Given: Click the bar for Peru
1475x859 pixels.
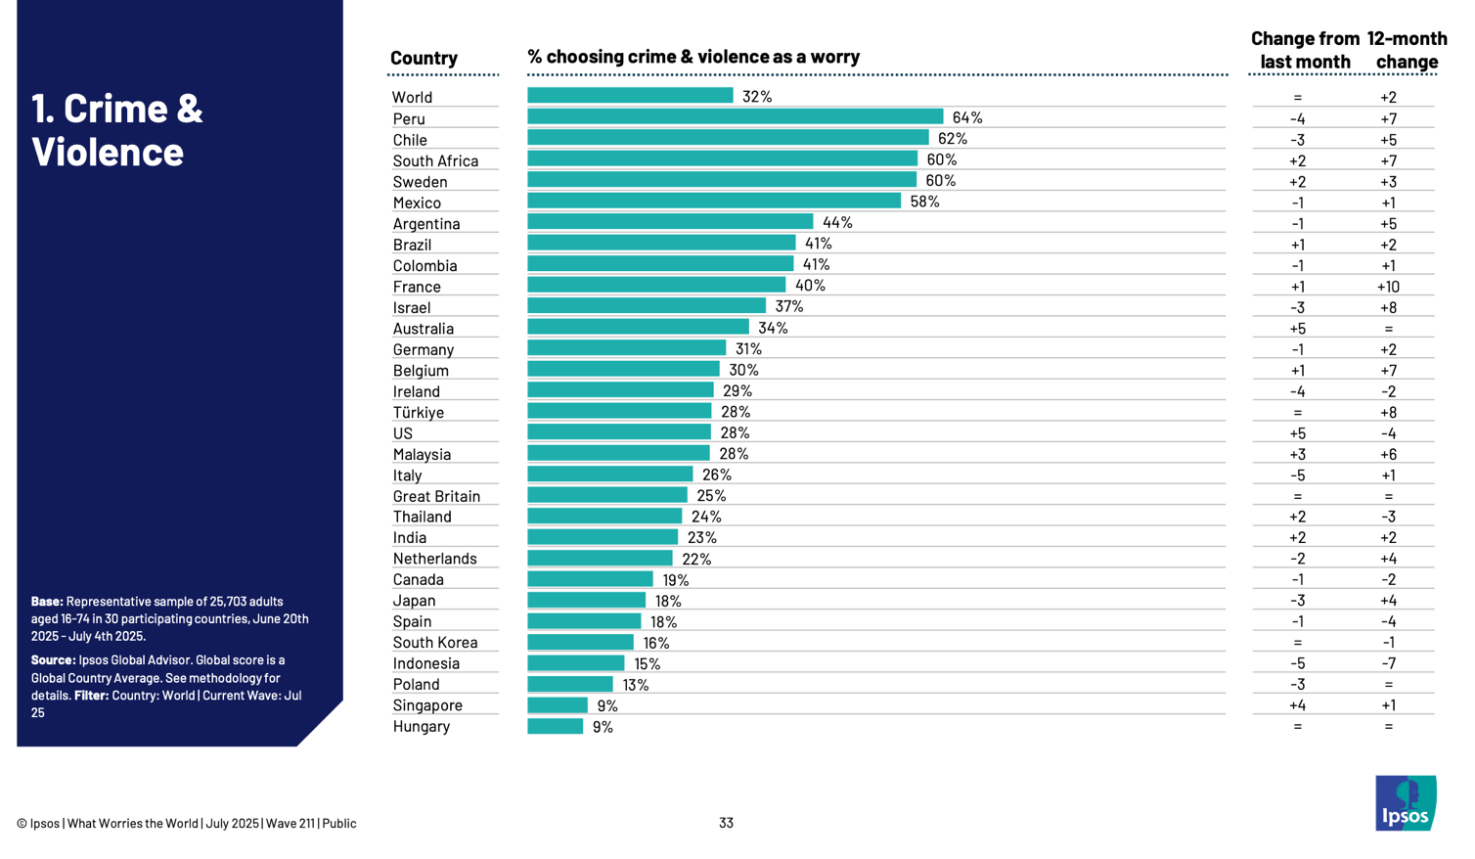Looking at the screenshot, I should (x=735, y=117).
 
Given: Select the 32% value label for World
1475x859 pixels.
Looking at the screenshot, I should (x=757, y=97).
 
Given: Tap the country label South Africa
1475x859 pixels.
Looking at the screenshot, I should (x=435, y=161).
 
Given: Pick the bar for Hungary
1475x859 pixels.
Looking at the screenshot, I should (x=555, y=727).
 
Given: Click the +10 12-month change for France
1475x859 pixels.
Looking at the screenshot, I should (x=1388, y=287).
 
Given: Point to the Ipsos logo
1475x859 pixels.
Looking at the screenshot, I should (x=1406, y=803).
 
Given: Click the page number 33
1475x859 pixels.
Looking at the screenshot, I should (x=726, y=824).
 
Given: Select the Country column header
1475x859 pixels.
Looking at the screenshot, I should (x=424, y=58).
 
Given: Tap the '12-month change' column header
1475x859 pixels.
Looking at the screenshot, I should (x=1407, y=50).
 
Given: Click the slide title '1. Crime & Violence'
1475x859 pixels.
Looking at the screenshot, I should (x=116, y=129).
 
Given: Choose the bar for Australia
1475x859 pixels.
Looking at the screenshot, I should (x=638, y=328).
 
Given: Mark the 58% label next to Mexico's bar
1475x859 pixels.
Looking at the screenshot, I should (x=924, y=202).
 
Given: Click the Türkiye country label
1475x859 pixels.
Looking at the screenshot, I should (x=418, y=413).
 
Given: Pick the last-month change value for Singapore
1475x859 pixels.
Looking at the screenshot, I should (x=1297, y=705).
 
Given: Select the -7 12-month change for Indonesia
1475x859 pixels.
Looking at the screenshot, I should (x=1388, y=663).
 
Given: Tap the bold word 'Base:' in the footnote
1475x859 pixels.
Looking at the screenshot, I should (x=47, y=602).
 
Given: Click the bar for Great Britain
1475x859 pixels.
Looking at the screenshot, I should (x=606, y=496).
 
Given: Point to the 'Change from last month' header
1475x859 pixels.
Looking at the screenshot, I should (x=1305, y=50).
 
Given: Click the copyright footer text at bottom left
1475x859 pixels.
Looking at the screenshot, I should (x=186, y=824).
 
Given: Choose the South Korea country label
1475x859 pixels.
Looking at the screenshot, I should (x=435, y=643).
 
